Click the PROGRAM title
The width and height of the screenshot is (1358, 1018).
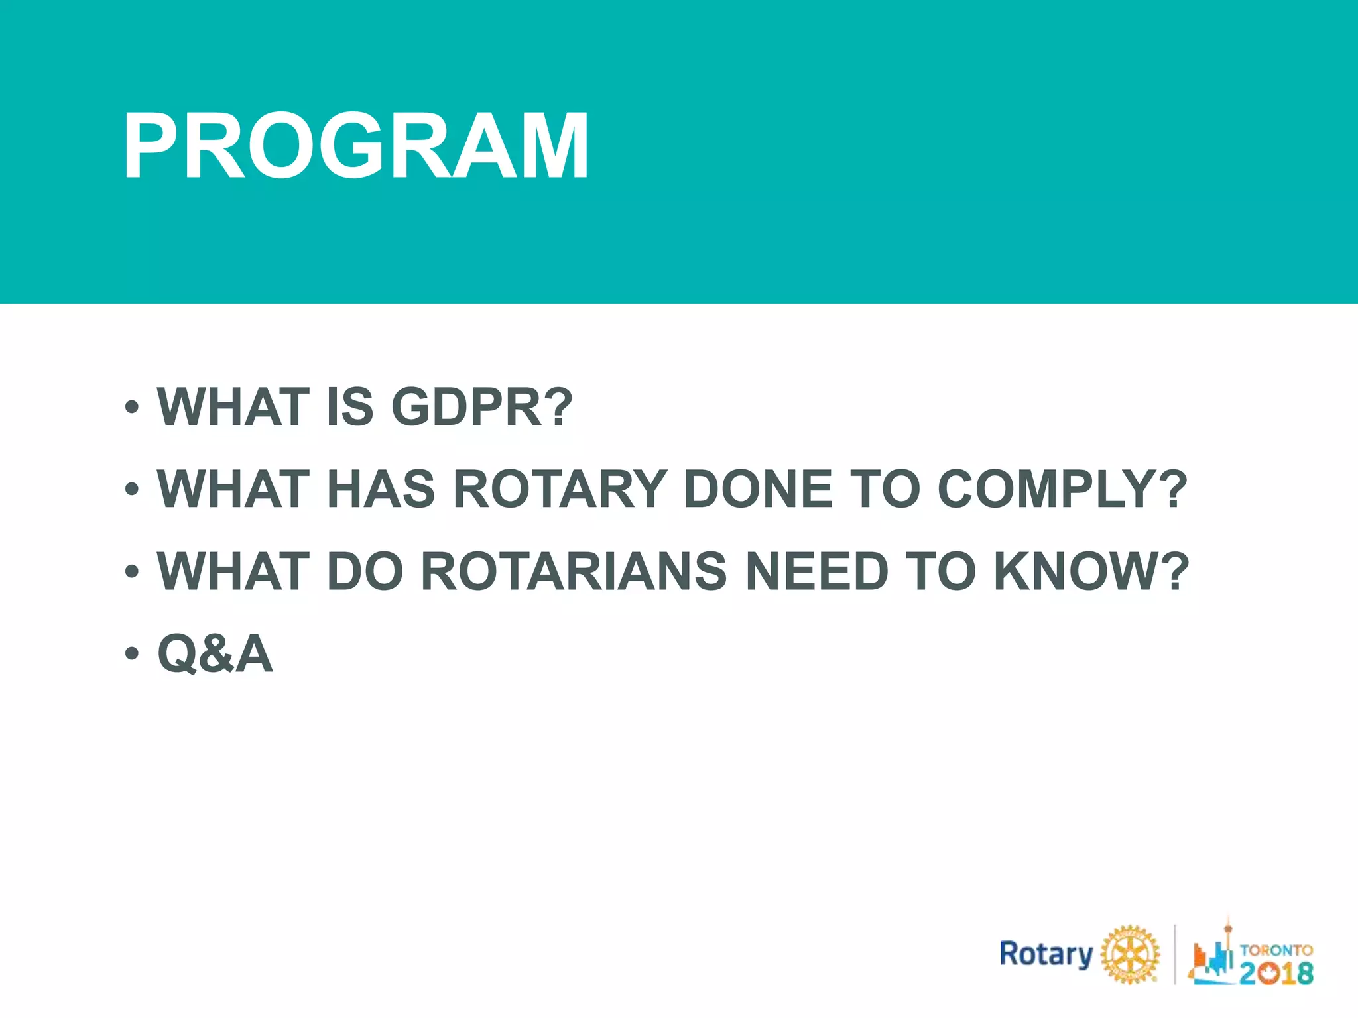(355, 146)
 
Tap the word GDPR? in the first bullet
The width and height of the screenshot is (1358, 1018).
(481, 407)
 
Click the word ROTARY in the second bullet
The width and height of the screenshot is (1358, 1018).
(560, 489)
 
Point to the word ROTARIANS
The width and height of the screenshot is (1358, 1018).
(574, 571)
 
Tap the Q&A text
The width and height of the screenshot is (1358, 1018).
(215, 653)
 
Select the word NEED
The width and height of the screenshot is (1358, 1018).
(817, 571)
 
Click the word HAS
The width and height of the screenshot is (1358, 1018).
(381, 489)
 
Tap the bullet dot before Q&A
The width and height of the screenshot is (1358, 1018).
(132, 653)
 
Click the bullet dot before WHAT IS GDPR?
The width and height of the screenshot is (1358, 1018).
(132, 407)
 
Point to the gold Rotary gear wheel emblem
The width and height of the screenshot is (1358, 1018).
(1130, 954)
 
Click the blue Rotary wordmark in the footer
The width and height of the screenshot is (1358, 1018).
(1046, 954)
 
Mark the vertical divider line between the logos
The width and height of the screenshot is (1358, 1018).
(1175, 954)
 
